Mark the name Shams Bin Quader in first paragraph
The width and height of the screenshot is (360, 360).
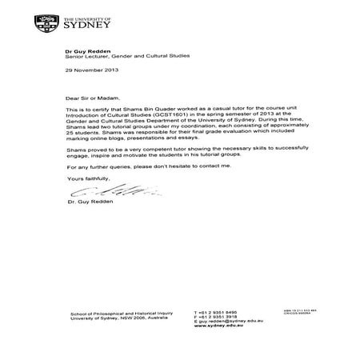click(143, 110)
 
